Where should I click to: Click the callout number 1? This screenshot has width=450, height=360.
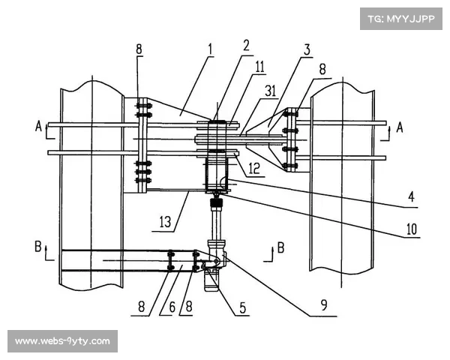coord(211,49)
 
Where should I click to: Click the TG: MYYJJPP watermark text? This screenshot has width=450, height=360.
coord(401,16)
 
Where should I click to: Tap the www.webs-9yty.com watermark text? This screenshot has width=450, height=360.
coord(62,341)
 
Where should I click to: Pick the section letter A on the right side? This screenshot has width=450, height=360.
coord(400,127)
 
